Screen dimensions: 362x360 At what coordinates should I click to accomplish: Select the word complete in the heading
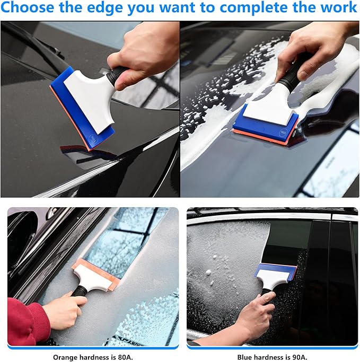coord(256,8)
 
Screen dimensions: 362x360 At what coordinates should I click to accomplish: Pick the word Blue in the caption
coord(242,357)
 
